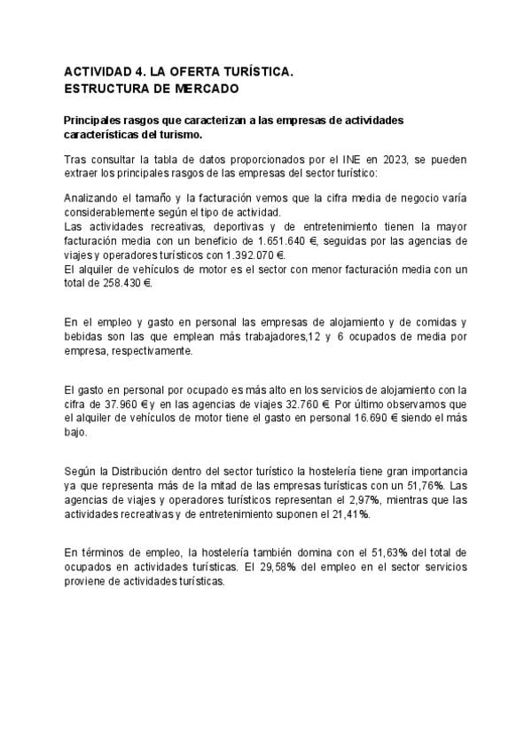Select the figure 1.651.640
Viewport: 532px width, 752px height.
pos(289,240)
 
